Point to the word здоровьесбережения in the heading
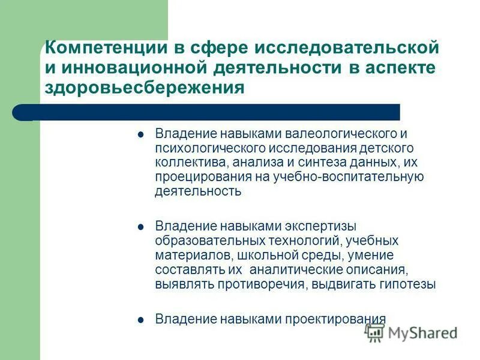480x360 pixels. [145, 88]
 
